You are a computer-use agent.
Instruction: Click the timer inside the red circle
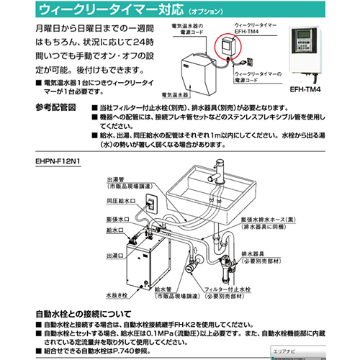click(x=228, y=48)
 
